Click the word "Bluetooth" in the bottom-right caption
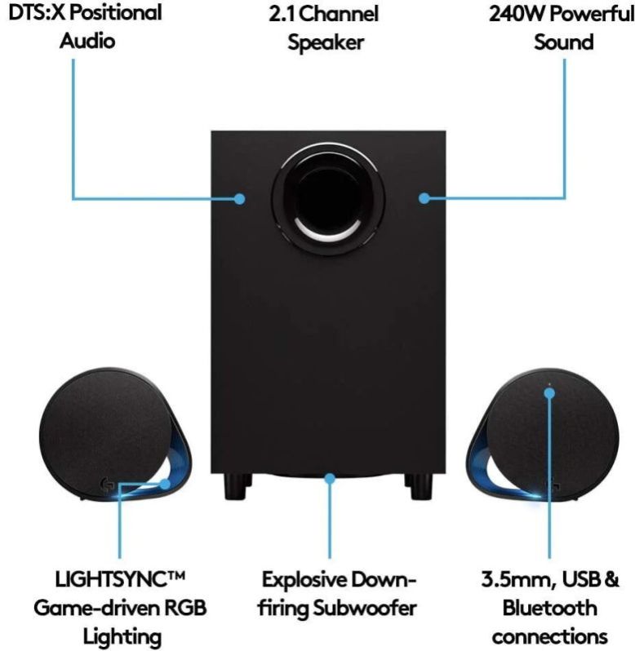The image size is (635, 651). [x=549, y=609]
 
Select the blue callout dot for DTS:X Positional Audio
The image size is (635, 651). [x=240, y=198]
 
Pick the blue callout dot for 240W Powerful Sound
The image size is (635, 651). [x=424, y=198]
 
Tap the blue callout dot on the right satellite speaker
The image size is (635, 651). [x=549, y=393]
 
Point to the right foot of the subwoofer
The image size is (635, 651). [x=420, y=488]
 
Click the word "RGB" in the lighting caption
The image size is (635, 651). [x=185, y=609]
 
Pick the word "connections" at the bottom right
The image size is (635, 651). [x=549, y=635]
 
